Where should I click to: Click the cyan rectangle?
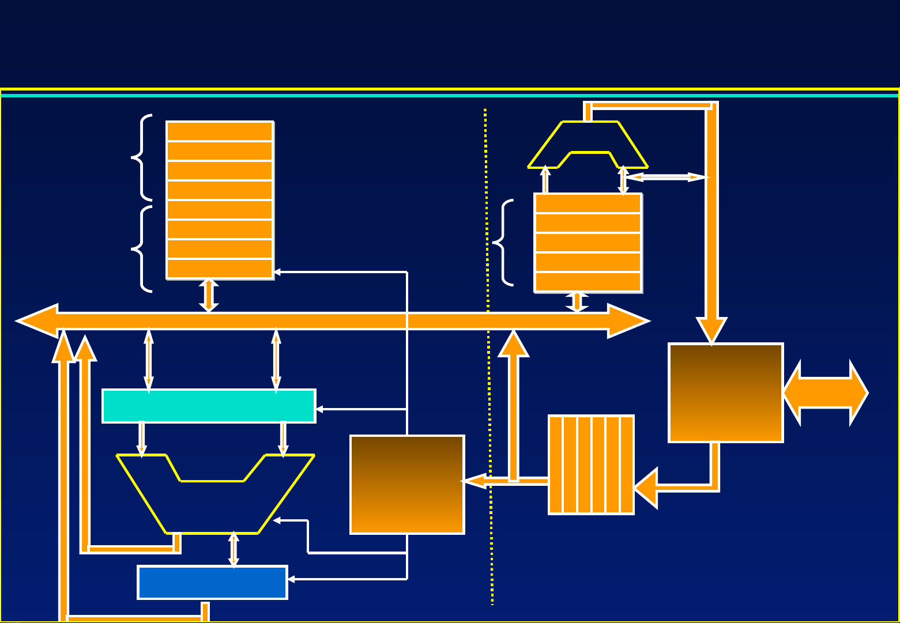(x=208, y=406)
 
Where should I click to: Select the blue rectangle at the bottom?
(x=212, y=583)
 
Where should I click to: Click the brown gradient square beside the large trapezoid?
(x=407, y=485)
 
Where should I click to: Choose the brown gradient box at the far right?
(x=725, y=393)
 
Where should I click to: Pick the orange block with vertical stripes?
(x=591, y=465)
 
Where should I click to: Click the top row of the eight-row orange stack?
(x=219, y=131)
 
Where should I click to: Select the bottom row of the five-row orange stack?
(x=588, y=282)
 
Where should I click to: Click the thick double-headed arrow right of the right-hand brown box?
(x=826, y=393)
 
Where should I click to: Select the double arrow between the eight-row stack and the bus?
(x=209, y=295)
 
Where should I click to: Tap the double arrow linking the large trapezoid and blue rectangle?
(x=234, y=549)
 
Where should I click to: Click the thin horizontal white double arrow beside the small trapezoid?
(x=665, y=177)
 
